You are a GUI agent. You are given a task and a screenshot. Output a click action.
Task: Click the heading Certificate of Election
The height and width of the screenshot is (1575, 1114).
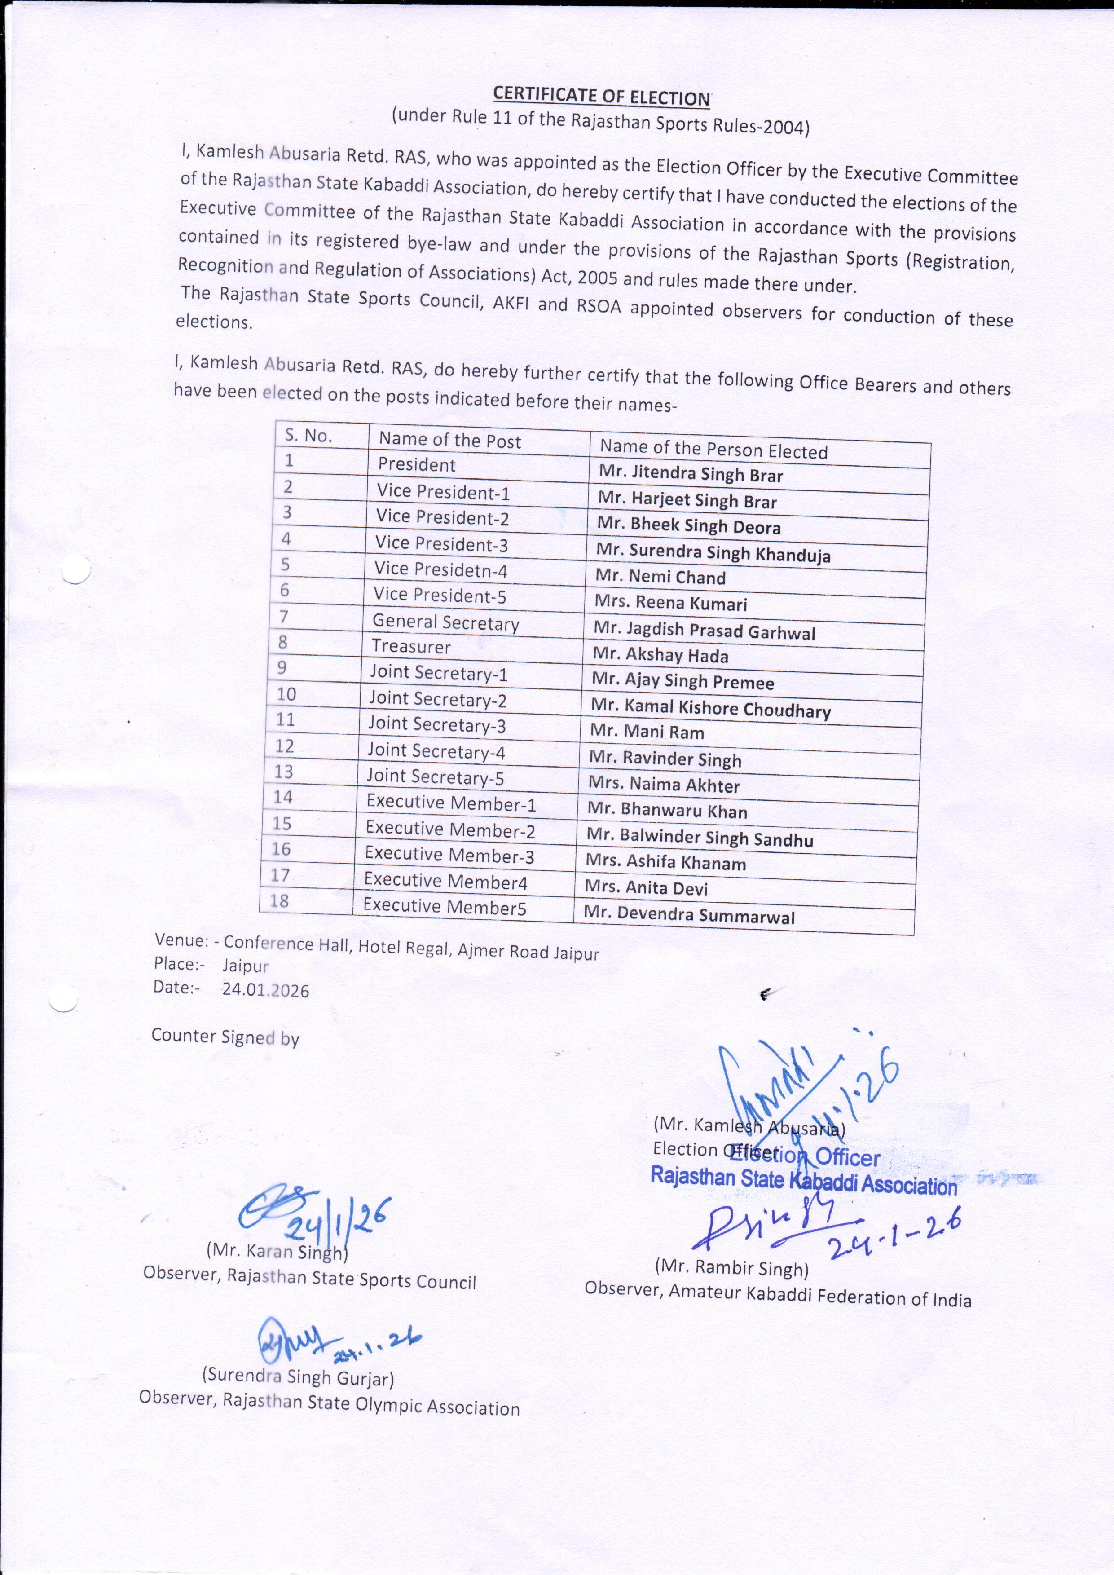pos(602,97)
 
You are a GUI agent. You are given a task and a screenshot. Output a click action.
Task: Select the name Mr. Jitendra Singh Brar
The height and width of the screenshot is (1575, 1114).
pos(690,474)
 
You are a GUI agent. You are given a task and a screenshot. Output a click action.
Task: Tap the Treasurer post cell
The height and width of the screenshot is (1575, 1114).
pos(411,646)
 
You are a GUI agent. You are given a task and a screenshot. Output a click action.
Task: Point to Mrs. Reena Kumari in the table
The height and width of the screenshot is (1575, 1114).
pos(670,603)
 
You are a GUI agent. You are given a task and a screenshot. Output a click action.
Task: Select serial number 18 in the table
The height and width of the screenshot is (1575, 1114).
pos(279,900)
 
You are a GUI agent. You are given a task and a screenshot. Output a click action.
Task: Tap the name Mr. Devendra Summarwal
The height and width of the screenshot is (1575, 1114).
pos(689,915)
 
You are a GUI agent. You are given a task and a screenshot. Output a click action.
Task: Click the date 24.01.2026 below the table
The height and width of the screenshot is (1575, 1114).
pos(265,990)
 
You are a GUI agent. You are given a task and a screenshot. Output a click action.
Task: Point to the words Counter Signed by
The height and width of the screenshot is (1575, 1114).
pos(225,1037)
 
